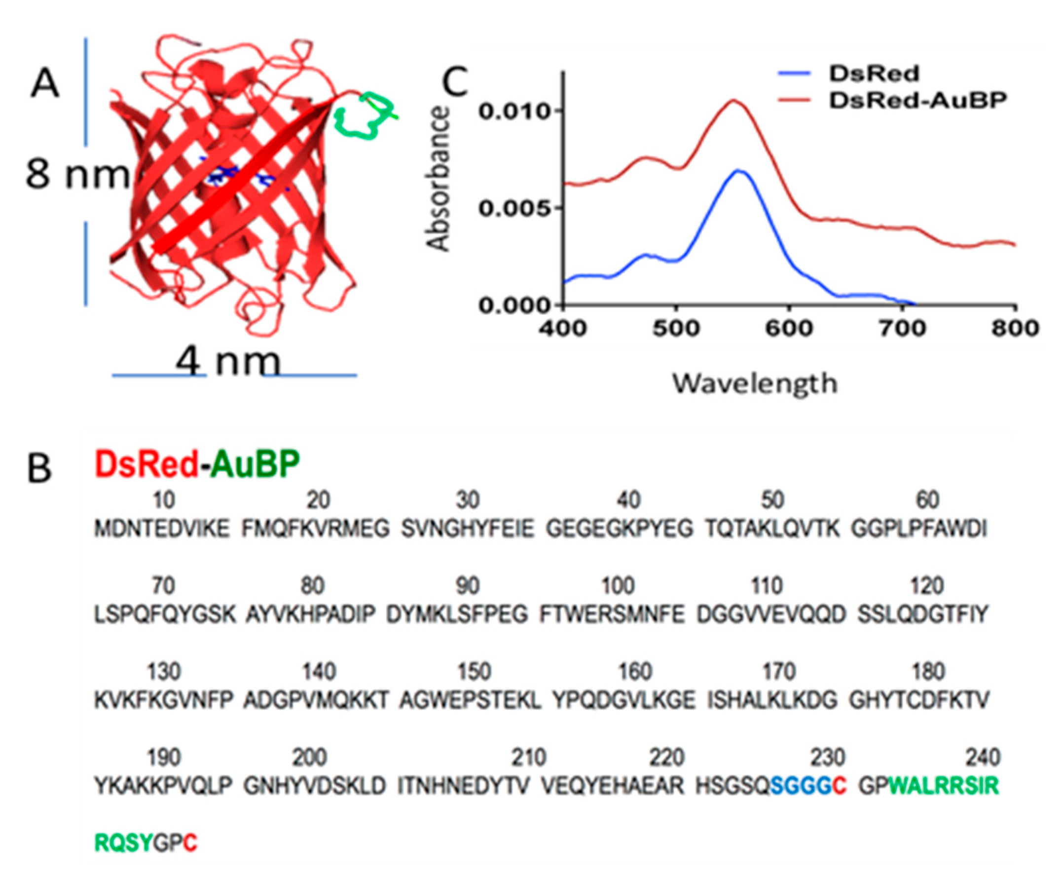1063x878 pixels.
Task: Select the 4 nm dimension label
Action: coord(227,362)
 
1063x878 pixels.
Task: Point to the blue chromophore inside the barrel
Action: coord(238,178)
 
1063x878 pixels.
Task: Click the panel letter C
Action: coord(454,82)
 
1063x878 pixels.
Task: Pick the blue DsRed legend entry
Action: coord(874,74)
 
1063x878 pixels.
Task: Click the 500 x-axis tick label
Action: coord(676,329)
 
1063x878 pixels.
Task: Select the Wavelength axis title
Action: coord(754,383)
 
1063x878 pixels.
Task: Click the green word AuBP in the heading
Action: coord(255,463)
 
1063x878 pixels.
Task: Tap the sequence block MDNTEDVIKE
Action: coord(162,530)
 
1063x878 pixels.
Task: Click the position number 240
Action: coord(983,758)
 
